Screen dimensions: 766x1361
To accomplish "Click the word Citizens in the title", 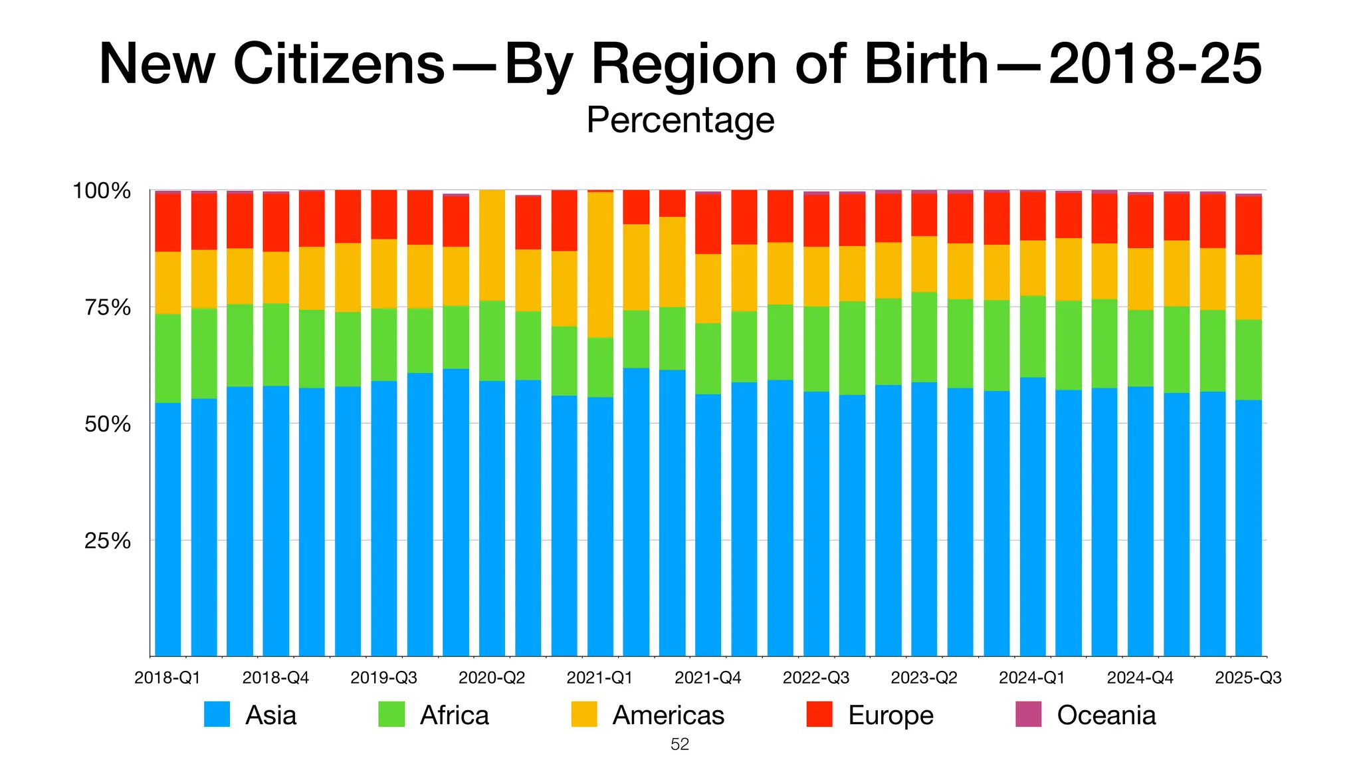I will click(x=339, y=64).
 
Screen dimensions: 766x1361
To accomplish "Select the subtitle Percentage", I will click(x=680, y=120).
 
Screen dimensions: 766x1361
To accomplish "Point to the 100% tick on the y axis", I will click(x=101, y=191).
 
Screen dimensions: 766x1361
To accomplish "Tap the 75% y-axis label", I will click(x=106, y=308).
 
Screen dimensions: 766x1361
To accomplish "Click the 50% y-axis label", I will click(x=106, y=424).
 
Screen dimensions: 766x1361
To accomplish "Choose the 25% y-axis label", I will click(x=106, y=541).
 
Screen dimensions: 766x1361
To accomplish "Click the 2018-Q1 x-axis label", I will click(x=167, y=678).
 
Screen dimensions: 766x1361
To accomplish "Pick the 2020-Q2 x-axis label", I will click(x=492, y=678).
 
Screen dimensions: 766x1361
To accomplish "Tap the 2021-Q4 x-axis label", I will click(x=708, y=678).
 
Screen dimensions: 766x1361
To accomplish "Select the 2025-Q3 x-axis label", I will click(x=1247, y=678).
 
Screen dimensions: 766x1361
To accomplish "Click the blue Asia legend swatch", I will click(x=217, y=714).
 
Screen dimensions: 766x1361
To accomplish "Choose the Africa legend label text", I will click(x=454, y=715).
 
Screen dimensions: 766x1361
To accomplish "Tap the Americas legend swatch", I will click(x=583, y=714).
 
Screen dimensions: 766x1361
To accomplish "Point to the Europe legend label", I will click(x=890, y=715).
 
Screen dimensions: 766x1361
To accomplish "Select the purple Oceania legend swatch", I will click(x=1028, y=714).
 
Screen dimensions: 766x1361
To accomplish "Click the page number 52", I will click(x=680, y=745).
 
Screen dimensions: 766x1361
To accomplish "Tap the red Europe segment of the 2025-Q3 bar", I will click(x=1248, y=225).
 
